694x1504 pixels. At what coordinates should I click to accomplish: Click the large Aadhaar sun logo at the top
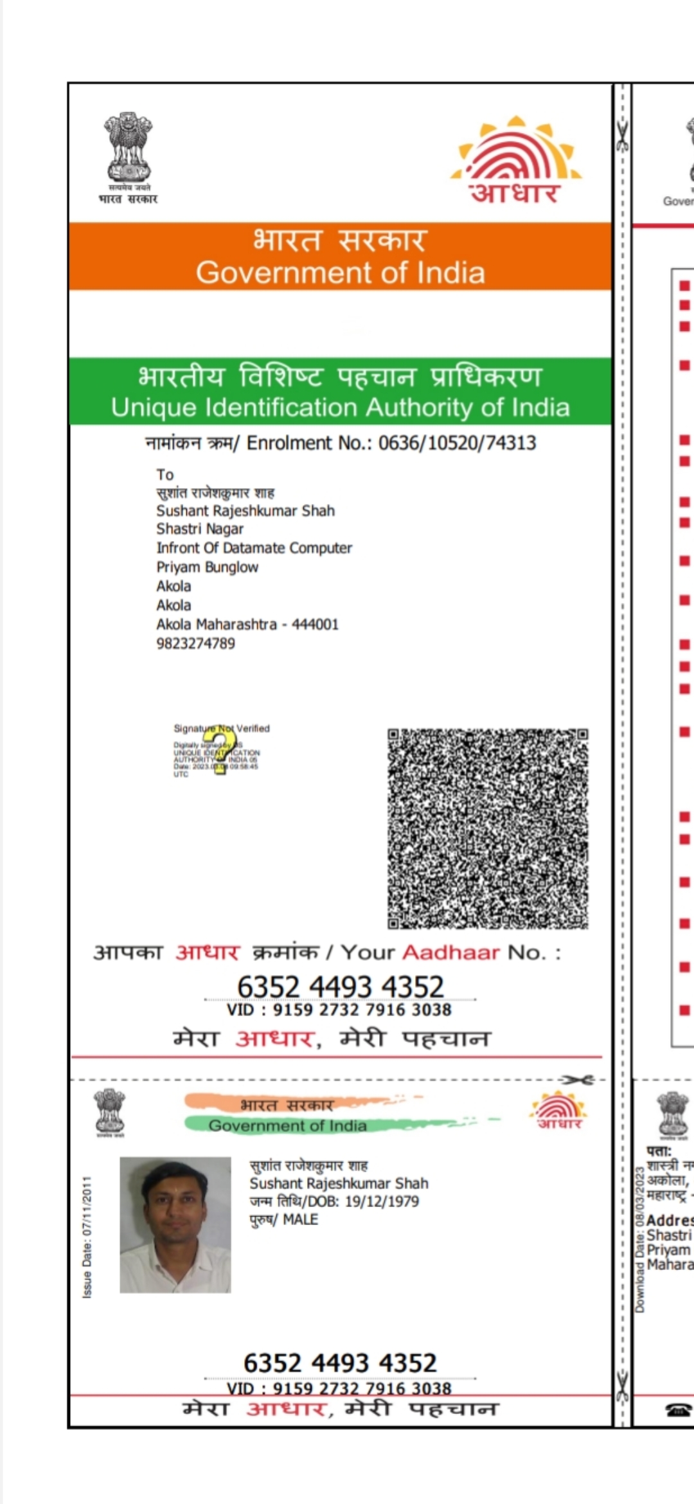[517, 159]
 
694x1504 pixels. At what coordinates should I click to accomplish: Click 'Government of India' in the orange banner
[340, 273]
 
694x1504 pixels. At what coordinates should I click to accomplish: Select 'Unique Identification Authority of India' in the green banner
[340, 407]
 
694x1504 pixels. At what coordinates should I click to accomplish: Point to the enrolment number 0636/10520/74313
[457, 443]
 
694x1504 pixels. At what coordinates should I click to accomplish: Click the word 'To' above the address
[165, 474]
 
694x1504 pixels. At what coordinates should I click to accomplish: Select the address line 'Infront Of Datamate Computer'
[254, 548]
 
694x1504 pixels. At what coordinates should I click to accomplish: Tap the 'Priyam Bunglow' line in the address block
[207, 567]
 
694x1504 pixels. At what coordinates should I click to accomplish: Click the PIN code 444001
[315, 624]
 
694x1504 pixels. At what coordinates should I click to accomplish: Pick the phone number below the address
[195, 643]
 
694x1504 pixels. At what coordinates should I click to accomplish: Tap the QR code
[488, 828]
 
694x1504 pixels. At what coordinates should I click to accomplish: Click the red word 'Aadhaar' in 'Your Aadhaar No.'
[450, 952]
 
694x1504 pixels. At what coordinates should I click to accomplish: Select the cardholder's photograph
[175, 1224]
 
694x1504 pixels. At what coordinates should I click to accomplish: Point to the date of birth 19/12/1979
[382, 1201]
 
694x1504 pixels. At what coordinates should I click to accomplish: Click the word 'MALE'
[300, 1219]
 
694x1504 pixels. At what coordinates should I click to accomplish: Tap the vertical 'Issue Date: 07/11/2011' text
[87, 1237]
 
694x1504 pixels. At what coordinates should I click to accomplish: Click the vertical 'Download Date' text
[639, 1240]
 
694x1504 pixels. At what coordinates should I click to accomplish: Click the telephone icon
[679, 1410]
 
